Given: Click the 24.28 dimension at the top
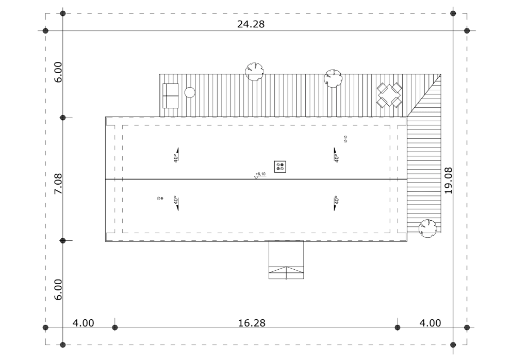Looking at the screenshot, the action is (251, 24).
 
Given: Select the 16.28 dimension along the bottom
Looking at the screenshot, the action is (252, 323).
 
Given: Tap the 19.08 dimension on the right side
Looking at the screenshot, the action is (449, 181).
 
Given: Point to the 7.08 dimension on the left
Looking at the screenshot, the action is (58, 184).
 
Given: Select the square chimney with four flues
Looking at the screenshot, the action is (280, 167).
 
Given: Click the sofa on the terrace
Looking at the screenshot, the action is (171, 96).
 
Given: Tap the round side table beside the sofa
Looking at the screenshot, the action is (190, 92).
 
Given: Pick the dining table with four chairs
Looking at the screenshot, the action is (389, 95).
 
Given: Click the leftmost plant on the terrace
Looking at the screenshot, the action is (254, 72).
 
